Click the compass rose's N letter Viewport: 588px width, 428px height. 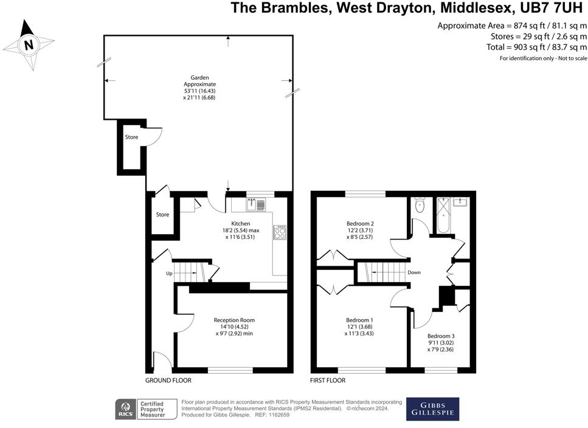(x=29, y=45)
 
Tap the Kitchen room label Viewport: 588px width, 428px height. (x=241, y=224)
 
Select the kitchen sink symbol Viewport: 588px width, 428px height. (x=256, y=205)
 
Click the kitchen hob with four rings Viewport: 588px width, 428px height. (x=280, y=232)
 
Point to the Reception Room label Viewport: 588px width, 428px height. (x=234, y=320)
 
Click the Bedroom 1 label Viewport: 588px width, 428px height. (x=359, y=320)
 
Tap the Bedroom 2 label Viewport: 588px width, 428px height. (x=360, y=224)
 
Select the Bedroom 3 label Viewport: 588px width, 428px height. (x=441, y=336)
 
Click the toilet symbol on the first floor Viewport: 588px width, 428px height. (x=420, y=205)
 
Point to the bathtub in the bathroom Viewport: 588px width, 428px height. (x=444, y=215)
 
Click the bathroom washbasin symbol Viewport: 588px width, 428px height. (x=460, y=202)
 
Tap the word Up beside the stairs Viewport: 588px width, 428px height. (x=169, y=274)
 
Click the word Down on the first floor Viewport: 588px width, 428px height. (x=414, y=272)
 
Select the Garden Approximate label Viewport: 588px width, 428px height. (x=199, y=81)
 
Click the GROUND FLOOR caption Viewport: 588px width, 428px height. (x=168, y=381)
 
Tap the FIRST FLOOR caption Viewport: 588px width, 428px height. (x=328, y=381)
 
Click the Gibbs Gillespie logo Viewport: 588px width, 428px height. (x=433, y=409)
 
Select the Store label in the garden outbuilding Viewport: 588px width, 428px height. (x=131, y=137)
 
